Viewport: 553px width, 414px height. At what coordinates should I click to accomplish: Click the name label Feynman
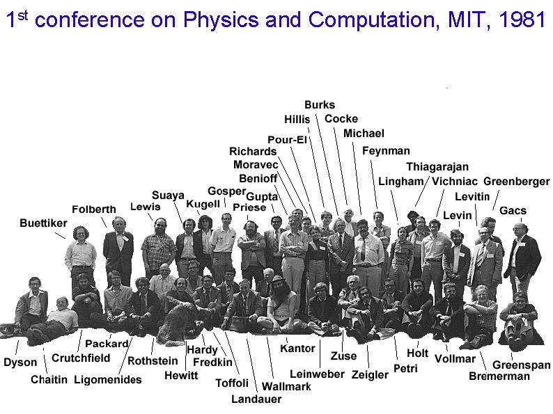pos(386,150)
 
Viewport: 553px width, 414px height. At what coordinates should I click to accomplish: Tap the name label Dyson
pos(20,363)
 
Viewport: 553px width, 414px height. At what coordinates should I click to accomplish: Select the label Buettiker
pos(44,223)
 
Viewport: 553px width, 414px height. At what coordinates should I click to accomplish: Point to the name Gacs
pos(513,211)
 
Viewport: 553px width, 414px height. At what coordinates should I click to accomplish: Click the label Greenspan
pos(521,365)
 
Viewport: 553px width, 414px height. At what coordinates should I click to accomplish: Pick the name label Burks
pos(320,105)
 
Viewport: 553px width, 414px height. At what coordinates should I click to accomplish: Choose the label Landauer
pos(256,399)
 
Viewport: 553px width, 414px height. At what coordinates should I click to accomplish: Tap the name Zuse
pos(343,356)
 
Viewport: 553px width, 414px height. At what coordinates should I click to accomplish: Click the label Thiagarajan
pos(437,167)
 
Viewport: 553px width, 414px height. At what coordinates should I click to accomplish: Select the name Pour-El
pos(287,140)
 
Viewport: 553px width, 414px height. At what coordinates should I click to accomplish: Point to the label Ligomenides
pos(107,380)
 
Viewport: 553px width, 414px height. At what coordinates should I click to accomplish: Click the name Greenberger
pos(516,182)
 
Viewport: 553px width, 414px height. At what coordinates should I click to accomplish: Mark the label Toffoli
pos(232,383)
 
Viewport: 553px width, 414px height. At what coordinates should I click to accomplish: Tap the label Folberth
pos(94,209)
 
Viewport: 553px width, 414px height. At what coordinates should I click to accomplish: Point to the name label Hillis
pos(297,120)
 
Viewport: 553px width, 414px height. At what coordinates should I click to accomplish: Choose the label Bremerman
pos(499,376)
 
